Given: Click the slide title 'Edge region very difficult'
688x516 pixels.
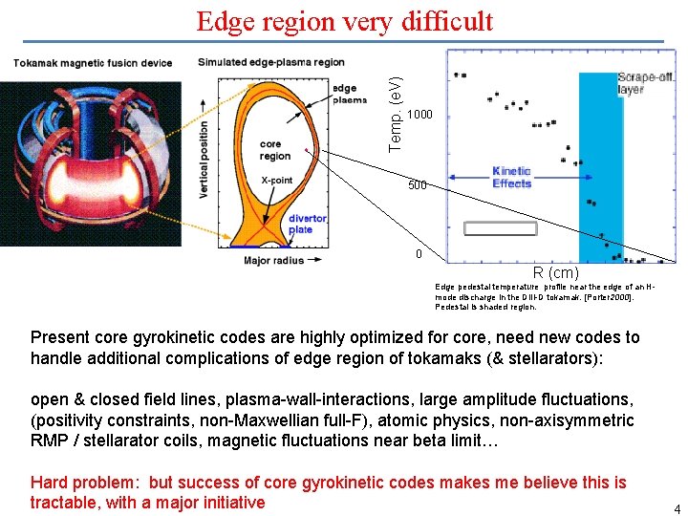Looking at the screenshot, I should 344,21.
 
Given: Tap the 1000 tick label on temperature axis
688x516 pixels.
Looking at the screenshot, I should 420,116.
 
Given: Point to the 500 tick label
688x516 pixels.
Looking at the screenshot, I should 417,185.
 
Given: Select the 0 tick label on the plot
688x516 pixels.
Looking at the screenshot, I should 418,254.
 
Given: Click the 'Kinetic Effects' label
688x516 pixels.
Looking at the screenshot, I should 511,178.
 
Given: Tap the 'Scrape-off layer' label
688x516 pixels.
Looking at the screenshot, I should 644,83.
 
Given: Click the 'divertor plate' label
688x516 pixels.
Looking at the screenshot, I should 307,224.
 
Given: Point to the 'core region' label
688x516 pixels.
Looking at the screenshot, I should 275,150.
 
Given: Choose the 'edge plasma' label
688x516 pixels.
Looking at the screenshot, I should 349,94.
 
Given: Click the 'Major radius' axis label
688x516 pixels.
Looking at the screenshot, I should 273,260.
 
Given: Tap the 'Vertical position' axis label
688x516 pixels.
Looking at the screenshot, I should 204,159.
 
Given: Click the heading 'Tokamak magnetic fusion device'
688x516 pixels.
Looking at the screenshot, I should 93,63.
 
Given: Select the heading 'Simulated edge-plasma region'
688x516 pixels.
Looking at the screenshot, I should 271,63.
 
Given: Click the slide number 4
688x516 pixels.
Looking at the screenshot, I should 676,509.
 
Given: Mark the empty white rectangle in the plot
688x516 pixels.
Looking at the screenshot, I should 500,228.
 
